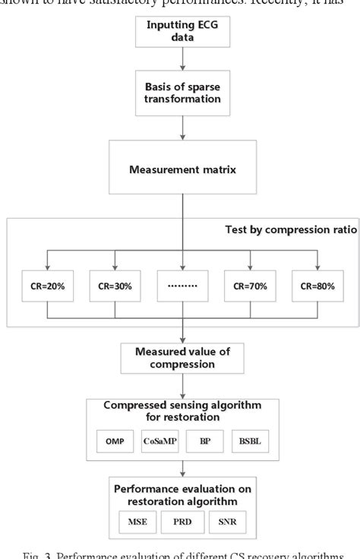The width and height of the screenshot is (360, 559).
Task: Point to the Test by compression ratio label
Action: (291, 230)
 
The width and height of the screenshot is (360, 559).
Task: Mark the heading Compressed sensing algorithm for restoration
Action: (182, 409)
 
